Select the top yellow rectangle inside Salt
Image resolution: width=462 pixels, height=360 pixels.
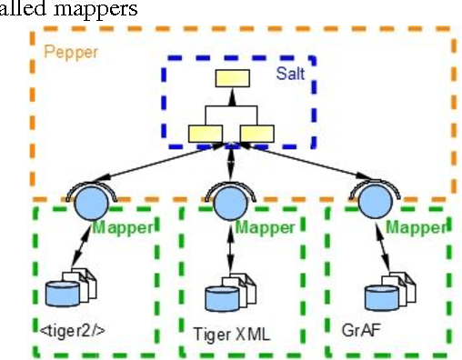pyautogui.click(x=232, y=79)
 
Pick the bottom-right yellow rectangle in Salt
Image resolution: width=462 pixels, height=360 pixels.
pyautogui.click(x=257, y=134)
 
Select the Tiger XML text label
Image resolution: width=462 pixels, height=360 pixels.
pyautogui.click(x=232, y=333)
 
